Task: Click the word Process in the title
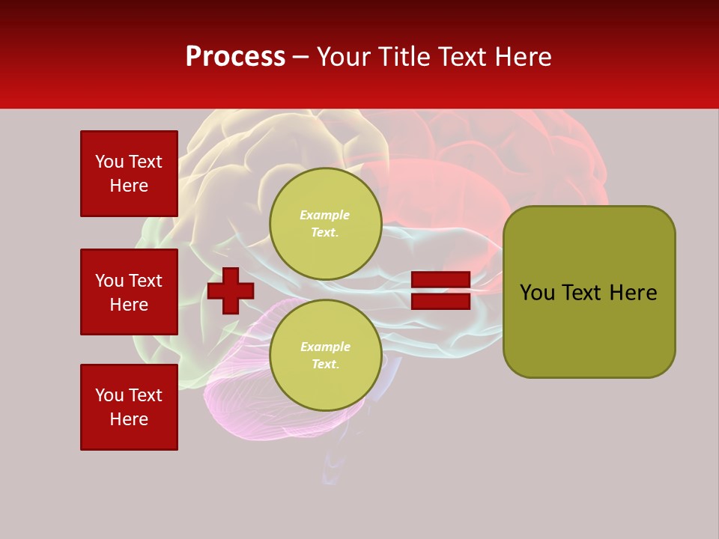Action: (x=235, y=57)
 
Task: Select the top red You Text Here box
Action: (x=129, y=174)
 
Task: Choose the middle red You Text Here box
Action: (x=129, y=292)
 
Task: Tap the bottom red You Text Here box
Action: (x=129, y=407)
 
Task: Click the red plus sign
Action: (x=231, y=290)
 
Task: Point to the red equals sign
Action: (x=440, y=290)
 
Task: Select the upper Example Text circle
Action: (x=326, y=224)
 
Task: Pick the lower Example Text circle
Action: (x=326, y=356)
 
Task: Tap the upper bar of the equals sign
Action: (x=440, y=280)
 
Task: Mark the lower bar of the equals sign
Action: (x=440, y=301)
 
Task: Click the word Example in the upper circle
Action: (x=324, y=216)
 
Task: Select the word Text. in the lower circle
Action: (x=325, y=365)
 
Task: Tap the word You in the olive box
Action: (x=537, y=293)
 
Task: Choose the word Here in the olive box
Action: (x=633, y=293)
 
